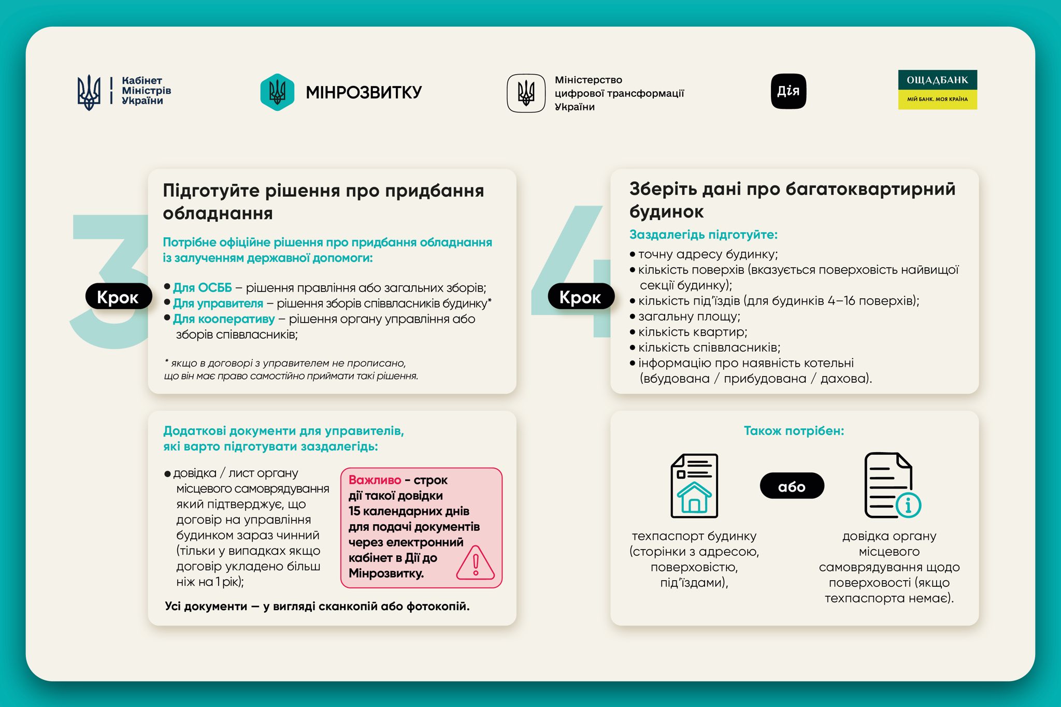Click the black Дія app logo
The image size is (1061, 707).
click(788, 91)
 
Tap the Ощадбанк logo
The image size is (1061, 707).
click(937, 90)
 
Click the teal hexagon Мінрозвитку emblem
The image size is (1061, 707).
click(277, 92)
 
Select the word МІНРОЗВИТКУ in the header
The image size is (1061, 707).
click(364, 93)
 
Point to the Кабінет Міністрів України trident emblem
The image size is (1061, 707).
click(89, 92)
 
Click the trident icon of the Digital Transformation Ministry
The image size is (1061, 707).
click(526, 93)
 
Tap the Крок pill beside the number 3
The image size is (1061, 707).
click(118, 297)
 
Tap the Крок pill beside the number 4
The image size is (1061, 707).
click(581, 297)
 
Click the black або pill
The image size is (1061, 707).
click(792, 486)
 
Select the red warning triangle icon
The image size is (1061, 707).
click(475, 563)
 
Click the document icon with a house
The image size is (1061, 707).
click(694, 486)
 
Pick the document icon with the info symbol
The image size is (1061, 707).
click(892, 486)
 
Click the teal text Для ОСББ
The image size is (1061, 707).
click(203, 287)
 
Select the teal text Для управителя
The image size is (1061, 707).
click(218, 303)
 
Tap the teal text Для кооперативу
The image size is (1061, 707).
click(224, 319)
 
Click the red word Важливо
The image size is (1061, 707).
click(375, 480)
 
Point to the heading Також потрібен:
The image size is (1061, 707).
click(794, 431)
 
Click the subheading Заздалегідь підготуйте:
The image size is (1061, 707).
click(703, 235)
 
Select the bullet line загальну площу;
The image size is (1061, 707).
click(689, 316)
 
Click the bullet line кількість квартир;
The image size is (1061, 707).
click(693, 332)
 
